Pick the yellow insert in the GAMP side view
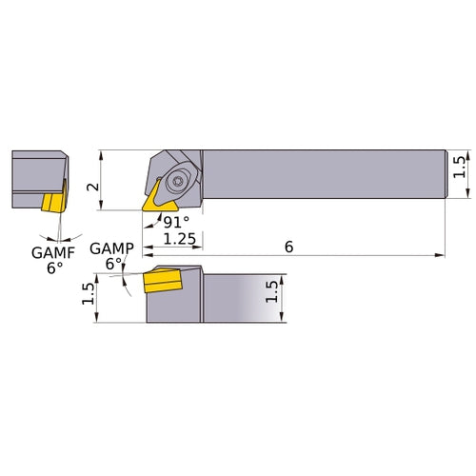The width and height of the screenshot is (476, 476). (161, 284)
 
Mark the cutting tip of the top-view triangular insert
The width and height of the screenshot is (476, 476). (145, 209)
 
